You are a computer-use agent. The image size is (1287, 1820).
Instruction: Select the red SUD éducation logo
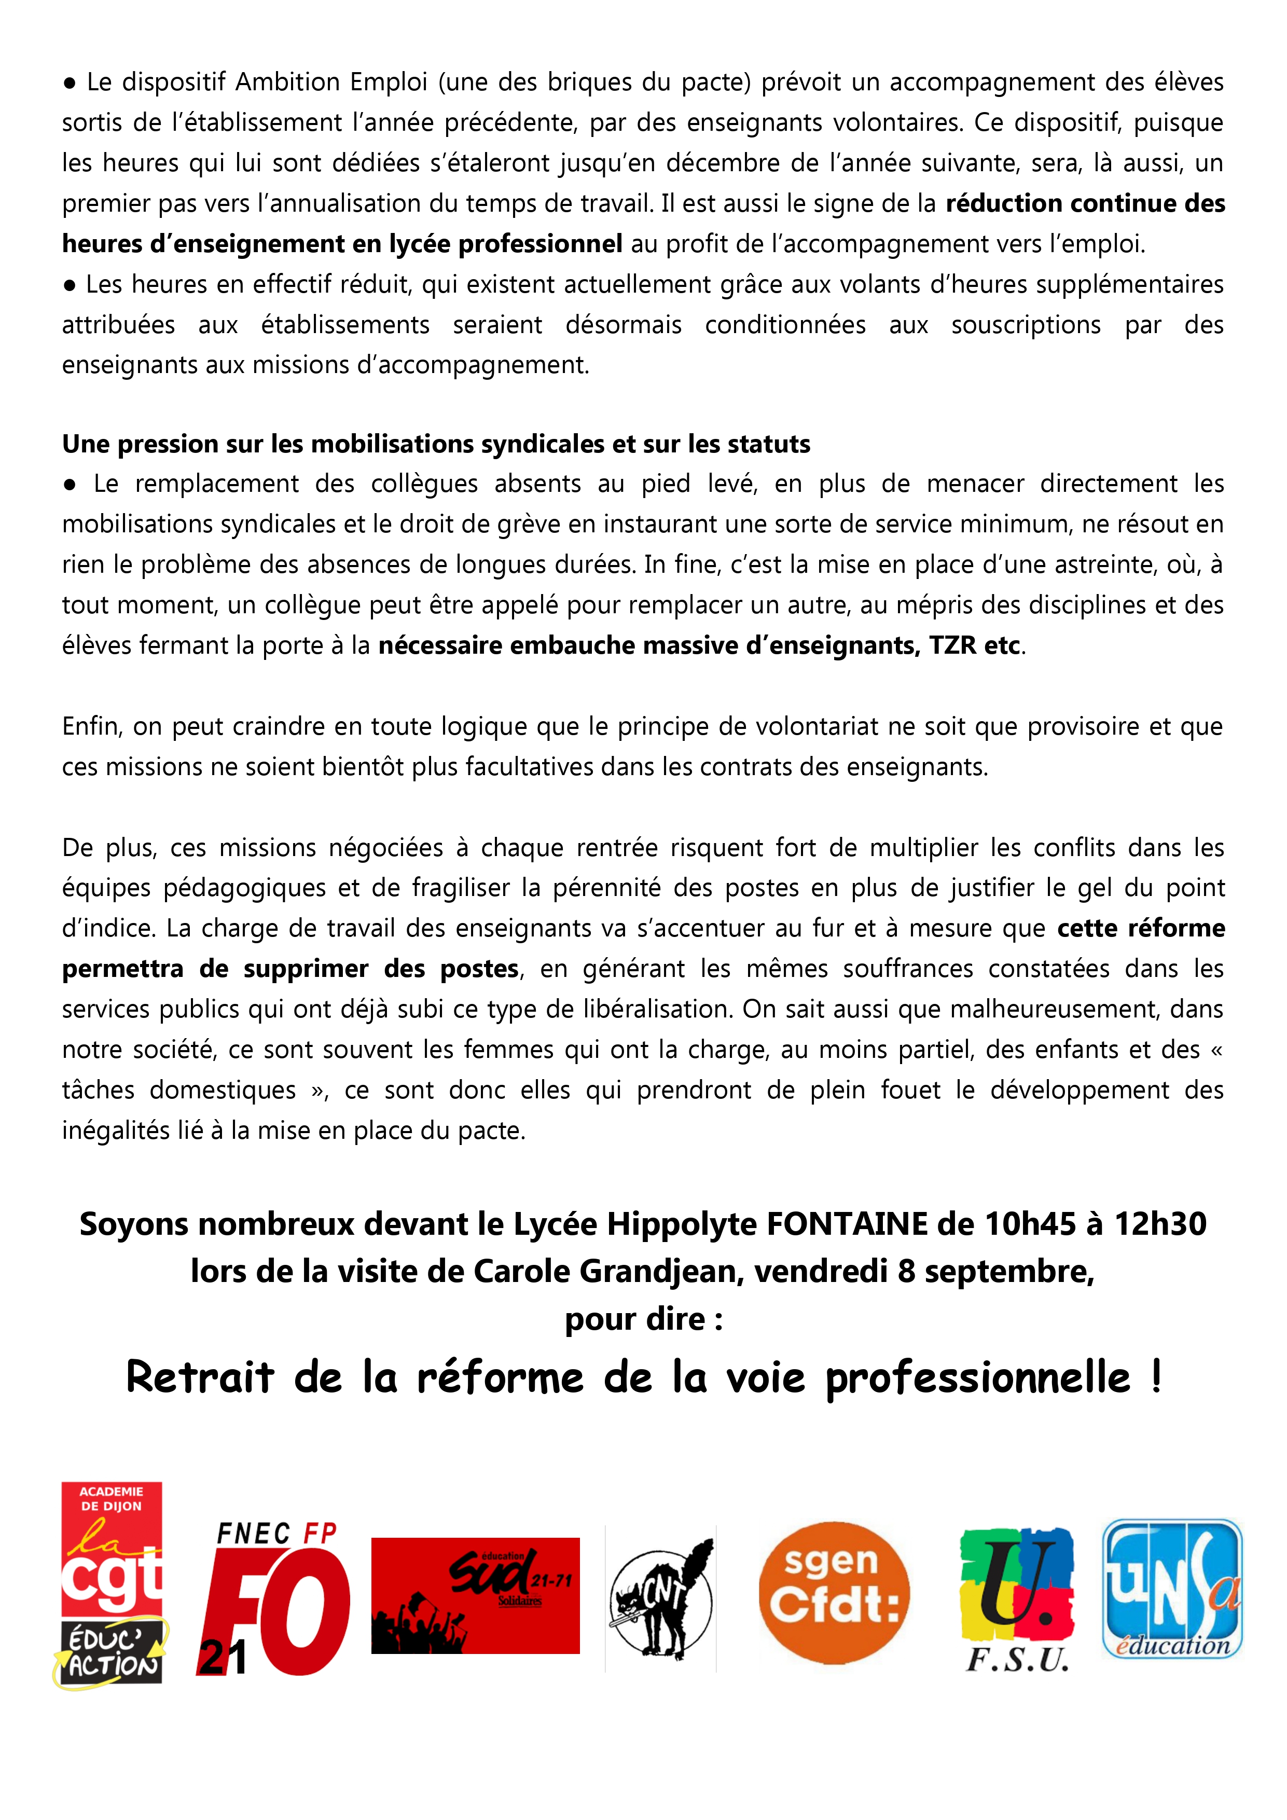point(476,1595)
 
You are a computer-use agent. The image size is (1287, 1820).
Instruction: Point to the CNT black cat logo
point(661,1600)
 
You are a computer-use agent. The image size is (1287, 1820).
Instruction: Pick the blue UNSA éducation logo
point(1172,1589)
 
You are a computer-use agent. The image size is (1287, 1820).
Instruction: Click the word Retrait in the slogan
point(201,1377)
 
